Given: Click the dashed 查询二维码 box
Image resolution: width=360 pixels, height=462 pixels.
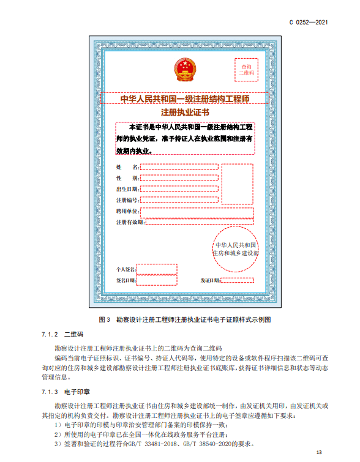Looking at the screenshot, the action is pos(246,69).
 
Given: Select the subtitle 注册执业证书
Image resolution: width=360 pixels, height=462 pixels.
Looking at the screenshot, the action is pos(185,113).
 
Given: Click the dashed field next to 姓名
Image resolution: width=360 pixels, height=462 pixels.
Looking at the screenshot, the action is pos(179,166).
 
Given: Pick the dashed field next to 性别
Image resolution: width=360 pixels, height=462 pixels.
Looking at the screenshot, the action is pos(179,177).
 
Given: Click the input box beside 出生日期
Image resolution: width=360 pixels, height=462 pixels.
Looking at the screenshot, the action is pos(179,189).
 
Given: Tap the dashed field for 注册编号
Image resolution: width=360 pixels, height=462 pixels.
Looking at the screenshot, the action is pos(179,199).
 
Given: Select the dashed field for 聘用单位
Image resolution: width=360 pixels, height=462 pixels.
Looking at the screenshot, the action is pos(197,212).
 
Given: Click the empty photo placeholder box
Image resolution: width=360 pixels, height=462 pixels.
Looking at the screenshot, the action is pos(238,184).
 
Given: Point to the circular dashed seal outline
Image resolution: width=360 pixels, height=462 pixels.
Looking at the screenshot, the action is pos(235,247).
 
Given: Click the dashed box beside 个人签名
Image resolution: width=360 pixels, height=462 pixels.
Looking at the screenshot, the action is pos(157,269).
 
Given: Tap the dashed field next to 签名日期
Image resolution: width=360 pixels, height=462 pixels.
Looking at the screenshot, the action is pos(157,280).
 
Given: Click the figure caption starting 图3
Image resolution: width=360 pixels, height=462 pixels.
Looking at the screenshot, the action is pos(184,319).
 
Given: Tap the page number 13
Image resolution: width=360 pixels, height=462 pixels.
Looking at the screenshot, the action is pos(318,452).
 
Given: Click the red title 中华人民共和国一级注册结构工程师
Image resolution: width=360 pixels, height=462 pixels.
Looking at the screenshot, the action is pos(185,98).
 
